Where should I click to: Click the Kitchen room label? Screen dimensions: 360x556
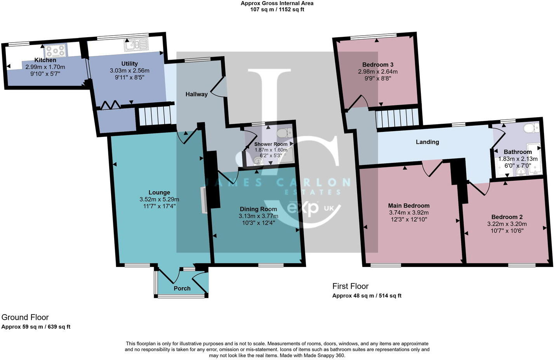coord(45,60)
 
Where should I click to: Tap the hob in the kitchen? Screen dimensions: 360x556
coord(56,50)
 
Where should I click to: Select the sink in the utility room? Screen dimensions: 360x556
coord(136,45)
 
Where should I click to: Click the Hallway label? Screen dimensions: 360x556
coord(196,94)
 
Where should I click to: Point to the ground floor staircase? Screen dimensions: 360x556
coord(155,116)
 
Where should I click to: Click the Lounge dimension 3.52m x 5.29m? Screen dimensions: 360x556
coord(159,199)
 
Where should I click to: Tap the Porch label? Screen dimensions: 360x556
coord(182,288)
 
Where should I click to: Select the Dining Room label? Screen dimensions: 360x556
coord(258,209)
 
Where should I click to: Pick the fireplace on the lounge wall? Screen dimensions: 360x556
coord(203,200)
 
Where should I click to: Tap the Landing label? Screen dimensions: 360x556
coord(427,142)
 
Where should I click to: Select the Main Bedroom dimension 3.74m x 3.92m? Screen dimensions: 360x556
coord(408,213)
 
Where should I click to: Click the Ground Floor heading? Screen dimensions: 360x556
coord(25,317)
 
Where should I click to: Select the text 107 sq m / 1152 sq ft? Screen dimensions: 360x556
coord(277,9)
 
